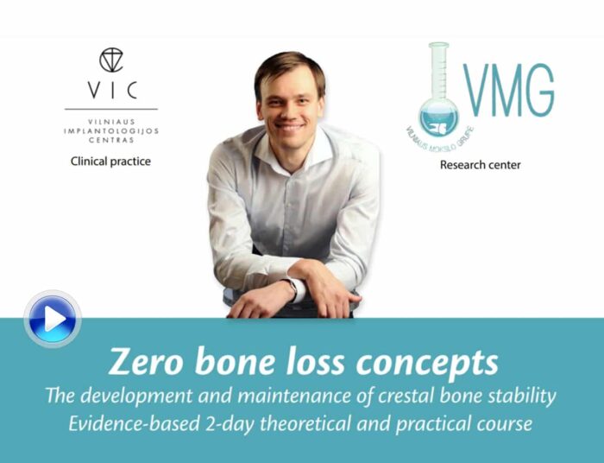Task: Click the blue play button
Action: [x=53, y=319]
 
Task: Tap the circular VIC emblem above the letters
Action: [x=111, y=60]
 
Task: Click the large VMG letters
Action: [x=509, y=91]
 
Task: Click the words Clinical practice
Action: [x=110, y=162]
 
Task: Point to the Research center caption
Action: [x=480, y=165]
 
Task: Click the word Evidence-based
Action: [x=134, y=423]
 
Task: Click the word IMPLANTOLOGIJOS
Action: [x=111, y=131]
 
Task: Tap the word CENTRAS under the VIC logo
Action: [x=111, y=140]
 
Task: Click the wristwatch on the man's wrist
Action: [x=292, y=289]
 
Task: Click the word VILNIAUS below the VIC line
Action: [x=111, y=122]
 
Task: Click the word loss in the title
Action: [x=316, y=361]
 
